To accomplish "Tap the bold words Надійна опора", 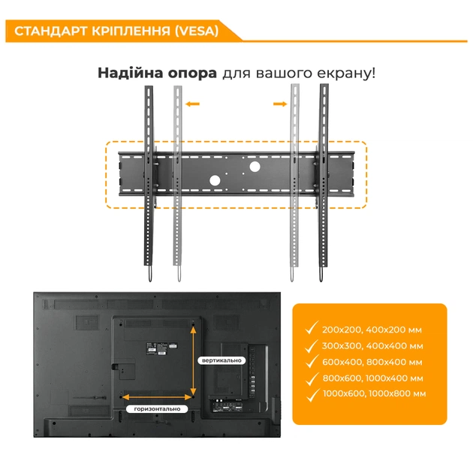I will tap(157, 74).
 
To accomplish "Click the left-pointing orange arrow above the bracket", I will tap(193, 105).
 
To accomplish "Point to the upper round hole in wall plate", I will tap(254, 165).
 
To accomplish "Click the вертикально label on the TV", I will tap(221, 360).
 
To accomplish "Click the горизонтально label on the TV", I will tap(158, 409).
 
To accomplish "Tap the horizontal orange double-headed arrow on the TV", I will tap(157, 396).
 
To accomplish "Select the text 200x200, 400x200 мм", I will tap(371, 330).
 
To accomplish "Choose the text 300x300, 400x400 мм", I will tap(372, 346).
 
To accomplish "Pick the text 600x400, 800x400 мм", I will tap(372, 362).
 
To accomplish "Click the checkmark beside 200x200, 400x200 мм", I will tap(310, 329).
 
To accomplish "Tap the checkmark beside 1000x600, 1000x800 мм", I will tap(310, 393).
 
